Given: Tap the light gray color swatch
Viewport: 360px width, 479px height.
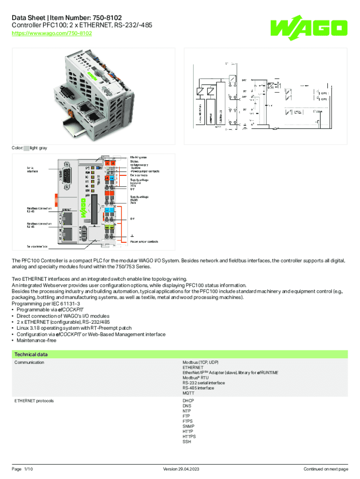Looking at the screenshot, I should pos(26,148).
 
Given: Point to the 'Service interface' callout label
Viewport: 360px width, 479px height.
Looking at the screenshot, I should pos(35,246).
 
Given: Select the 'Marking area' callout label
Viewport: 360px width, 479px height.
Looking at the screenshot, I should pos(138,158).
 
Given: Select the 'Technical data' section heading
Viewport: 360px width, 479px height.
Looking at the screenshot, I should pos(31,355).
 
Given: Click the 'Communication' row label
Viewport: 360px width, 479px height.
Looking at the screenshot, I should pos(29,363).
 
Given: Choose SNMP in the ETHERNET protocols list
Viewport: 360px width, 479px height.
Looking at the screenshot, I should pos(188,427).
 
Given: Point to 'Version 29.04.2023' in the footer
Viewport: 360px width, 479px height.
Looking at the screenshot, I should pos(180,469).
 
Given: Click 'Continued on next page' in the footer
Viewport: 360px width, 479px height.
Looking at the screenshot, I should pos(325,469).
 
